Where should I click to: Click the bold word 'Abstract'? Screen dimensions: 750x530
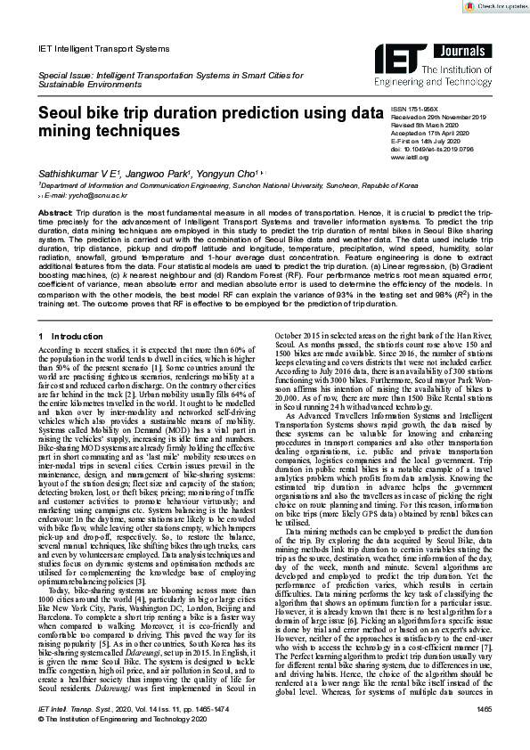[x=56, y=215]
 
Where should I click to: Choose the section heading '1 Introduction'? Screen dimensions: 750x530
[x=71, y=312]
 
